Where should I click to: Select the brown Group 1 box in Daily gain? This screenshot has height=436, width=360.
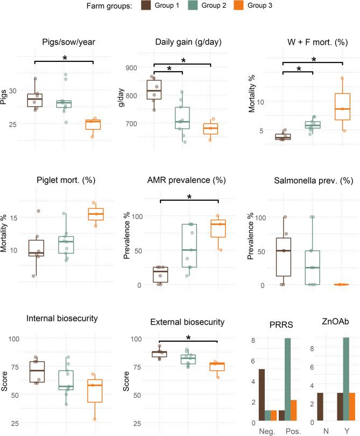[154, 90]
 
